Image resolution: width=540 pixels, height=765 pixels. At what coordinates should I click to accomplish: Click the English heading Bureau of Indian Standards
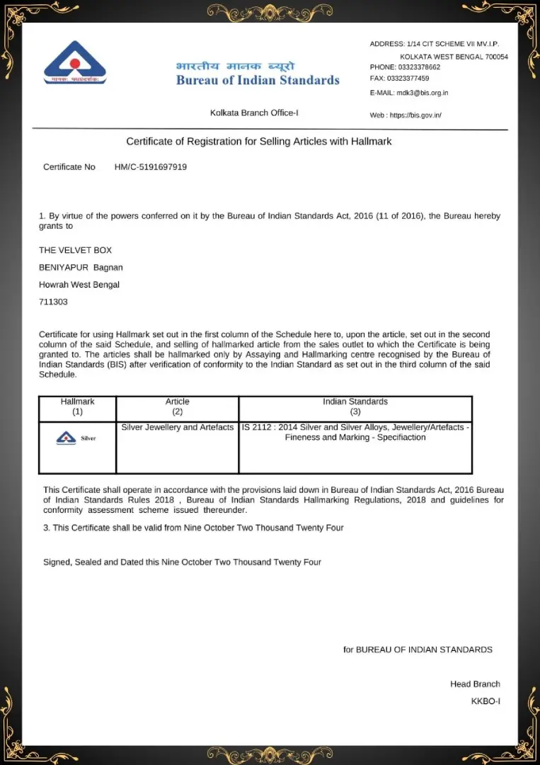click(x=258, y=80)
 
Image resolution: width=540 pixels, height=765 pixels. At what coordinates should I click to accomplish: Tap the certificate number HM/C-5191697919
click(x=151, y=167)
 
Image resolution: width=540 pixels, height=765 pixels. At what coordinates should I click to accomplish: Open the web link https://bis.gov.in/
click(x=415, y=115)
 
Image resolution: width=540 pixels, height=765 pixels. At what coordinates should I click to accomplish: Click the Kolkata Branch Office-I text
click(x=259, y=113)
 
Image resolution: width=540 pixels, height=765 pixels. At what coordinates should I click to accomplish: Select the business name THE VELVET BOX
click(x=75, y=250)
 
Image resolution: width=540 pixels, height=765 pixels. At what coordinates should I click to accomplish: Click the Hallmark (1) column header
click(x=77, y=407)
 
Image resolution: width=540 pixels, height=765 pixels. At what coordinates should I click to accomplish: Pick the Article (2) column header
click(x=178, y=407)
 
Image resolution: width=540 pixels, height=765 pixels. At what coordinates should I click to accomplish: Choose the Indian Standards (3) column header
click(x=355, y=407)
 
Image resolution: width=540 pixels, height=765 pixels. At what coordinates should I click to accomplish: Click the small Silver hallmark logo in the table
click(x=76, y=438)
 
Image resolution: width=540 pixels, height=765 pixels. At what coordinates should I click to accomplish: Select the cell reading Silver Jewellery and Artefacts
click(x=178, y=428)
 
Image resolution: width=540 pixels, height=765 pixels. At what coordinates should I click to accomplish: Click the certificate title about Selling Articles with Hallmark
click(x=259, y=142)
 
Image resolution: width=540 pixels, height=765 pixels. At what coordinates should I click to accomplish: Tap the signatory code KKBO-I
click(x=486, y=701)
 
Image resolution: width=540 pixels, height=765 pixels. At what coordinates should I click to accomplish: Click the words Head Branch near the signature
click(x=475, y=684)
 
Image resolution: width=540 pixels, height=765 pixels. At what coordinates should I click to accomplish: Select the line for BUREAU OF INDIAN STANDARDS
click(x=418, y=650)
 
